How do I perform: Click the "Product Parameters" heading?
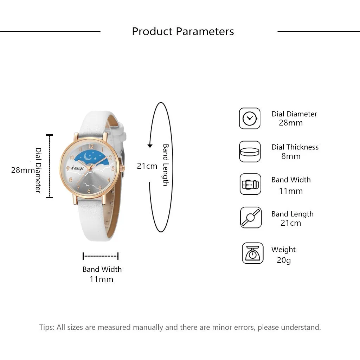coord(183,31)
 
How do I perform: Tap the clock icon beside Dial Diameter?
coord(250,118)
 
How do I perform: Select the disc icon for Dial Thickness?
coord(250,152)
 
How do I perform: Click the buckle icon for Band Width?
coord(250,184)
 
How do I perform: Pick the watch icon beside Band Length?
coord(251,217)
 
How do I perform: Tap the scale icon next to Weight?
coord(252,253)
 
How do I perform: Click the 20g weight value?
coord(283,261)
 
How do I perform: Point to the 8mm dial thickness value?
coord(291,156)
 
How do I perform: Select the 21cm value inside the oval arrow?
coord(147,166)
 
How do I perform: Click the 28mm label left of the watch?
coord(23,170)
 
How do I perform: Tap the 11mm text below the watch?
coord(102,279)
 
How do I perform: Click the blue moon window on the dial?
coord(92,157)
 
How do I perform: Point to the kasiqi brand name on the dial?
coord(77,168)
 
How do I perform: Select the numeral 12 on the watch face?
coord(91,146)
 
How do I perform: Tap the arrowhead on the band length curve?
coord(150,146)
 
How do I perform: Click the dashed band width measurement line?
coord(101,256)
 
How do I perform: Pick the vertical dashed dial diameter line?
coord(50,166)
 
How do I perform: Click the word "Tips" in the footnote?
coord(46,327)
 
